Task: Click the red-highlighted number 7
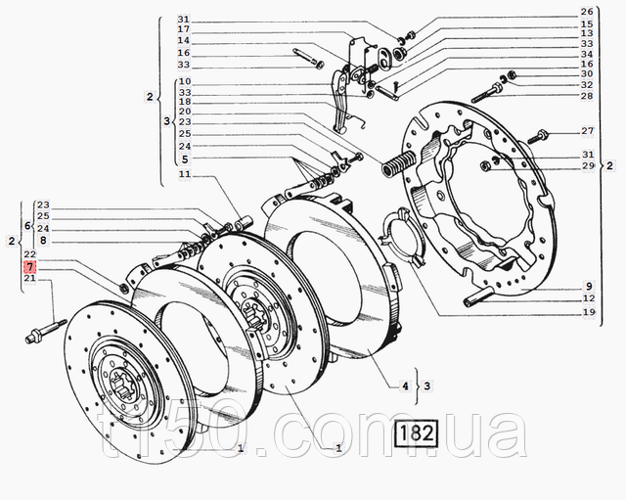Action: [30, 266]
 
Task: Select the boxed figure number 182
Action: [416, 432]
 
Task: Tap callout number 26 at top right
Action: [587, 12]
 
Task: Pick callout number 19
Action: [589, 312]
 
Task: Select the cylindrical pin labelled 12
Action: [478, 295]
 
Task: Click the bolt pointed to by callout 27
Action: [539, 136]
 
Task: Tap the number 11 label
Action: [185, 174]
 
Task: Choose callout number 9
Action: [589, 286]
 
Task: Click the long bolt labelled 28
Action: [487, 92]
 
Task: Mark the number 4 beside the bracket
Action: [405, 386]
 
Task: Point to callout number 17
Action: [184, 29]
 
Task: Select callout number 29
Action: [588, 165]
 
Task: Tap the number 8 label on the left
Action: [43, 241]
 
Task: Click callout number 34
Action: [587, 54]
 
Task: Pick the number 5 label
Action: [185, 159]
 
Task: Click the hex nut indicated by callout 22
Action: [123, 288]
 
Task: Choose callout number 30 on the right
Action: [587, 74]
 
